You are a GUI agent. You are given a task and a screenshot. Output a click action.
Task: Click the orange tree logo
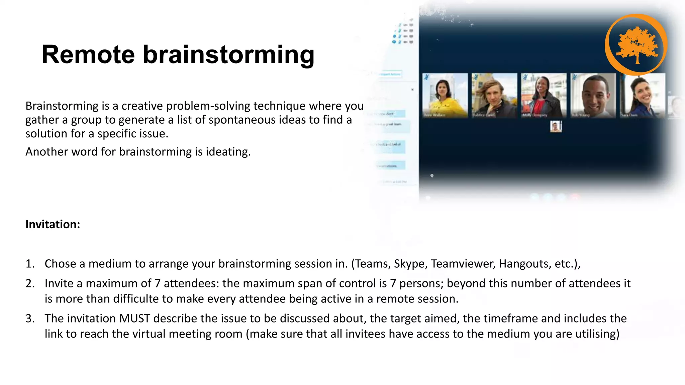tap(636, 44)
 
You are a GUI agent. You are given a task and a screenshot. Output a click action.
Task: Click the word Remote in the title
tap(88, 54)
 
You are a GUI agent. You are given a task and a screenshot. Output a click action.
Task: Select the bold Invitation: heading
tap(53, 224)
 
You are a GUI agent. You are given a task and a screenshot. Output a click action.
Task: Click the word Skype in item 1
tap(410, 264)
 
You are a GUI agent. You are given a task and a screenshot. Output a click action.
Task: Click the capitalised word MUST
tap(135, 318)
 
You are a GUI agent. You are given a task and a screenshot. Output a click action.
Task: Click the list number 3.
tap(30, 318)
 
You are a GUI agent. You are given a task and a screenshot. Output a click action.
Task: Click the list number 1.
tap(30, 264)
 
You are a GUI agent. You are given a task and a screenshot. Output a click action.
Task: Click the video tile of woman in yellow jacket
tap(445, 95)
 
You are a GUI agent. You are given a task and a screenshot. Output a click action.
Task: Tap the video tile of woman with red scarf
tap(544, 95)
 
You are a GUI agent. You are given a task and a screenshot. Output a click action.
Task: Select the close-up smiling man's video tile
tap(593, 95)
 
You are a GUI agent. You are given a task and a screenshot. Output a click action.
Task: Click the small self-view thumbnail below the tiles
tap(556, 127)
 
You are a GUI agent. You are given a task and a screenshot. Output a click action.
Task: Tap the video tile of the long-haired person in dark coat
tap(494, 95)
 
